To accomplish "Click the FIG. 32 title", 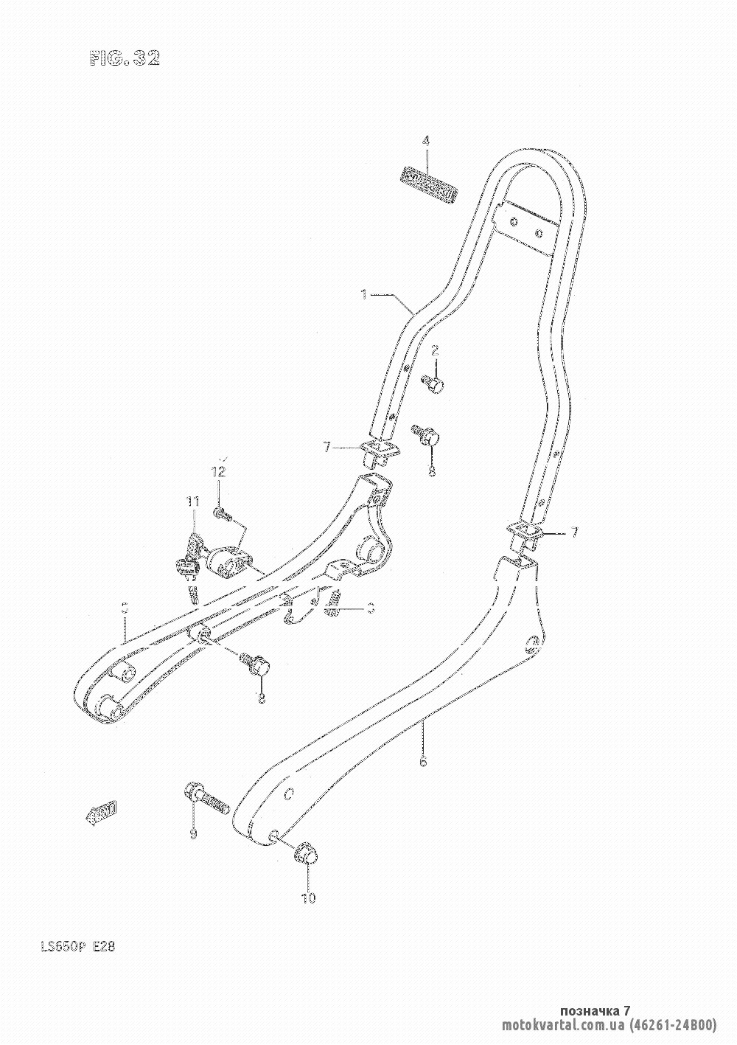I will click(x=125, y=60).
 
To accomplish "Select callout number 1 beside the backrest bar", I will click(x=364, y=295).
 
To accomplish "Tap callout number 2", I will click(x=435, y=350).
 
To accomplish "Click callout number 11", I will click(x=192, y=501).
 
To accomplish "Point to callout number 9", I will click(x=193, y=834).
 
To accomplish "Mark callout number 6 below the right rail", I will click(x=423, y=763).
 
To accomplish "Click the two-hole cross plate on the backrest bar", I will click(x=525, y=226).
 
